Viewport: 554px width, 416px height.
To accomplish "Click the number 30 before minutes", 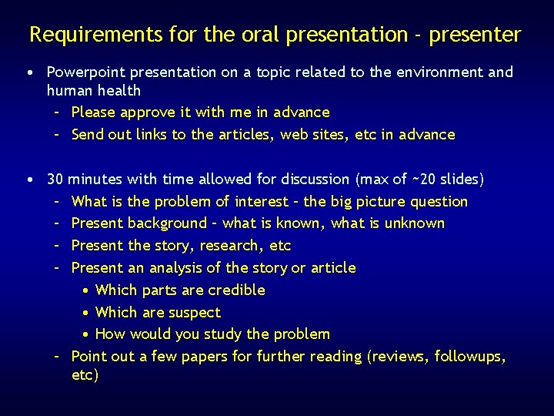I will [x=55, y=179].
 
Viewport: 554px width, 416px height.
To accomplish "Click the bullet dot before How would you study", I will [x=87, y=335].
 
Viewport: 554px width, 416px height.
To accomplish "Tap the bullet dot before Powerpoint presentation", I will [x=28, y=72].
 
